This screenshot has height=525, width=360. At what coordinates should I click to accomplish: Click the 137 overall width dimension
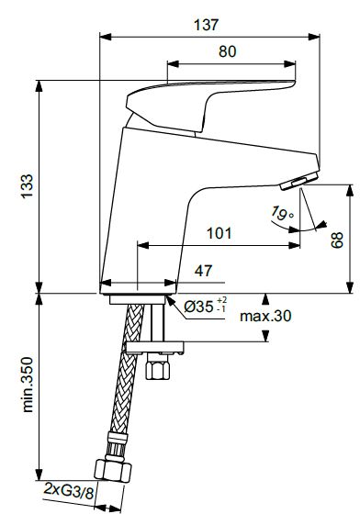pyautogui.click(x=206, y=25)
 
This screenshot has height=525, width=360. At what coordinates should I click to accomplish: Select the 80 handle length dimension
pyautogui.click(x=228, y=51)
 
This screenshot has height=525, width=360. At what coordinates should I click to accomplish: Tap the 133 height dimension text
pyautogui.click(x=28, y=186)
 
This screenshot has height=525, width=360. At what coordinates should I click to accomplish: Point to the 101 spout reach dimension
pyautogui.click(x=219, y=233)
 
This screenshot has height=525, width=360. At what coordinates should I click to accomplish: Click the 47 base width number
pyautogui.click(x=203, y=271)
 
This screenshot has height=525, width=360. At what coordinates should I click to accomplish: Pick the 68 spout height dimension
pyautogui.click(x=337, y=240)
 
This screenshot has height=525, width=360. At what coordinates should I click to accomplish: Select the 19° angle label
pyautogui.click(x=282, y=213)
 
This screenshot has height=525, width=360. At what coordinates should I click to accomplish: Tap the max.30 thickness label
pyautogui.click(x=265, y=316)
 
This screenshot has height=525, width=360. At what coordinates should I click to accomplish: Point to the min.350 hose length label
pyautogui.click(x=28, y=385)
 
